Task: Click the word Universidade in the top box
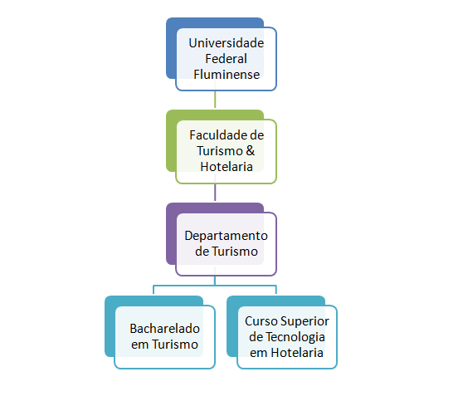tap(227, 43)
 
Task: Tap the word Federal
tap(227, 58)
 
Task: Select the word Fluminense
tap(227, 74)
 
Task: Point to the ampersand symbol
tap(250, 151)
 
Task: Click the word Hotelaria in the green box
tap(227, 167)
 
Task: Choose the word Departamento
tap(227, 236)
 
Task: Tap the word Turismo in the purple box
tap(235, 252)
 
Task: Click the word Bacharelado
tap(165, 329)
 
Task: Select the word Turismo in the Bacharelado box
tap(175, 345)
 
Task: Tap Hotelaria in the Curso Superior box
tap(297, 353)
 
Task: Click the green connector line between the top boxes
tap(215, 100)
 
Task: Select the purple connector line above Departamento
tap(215, 193)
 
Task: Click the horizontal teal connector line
tap(215, 286)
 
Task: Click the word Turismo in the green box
tap(220, 151)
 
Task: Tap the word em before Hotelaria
tap(259, 354)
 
